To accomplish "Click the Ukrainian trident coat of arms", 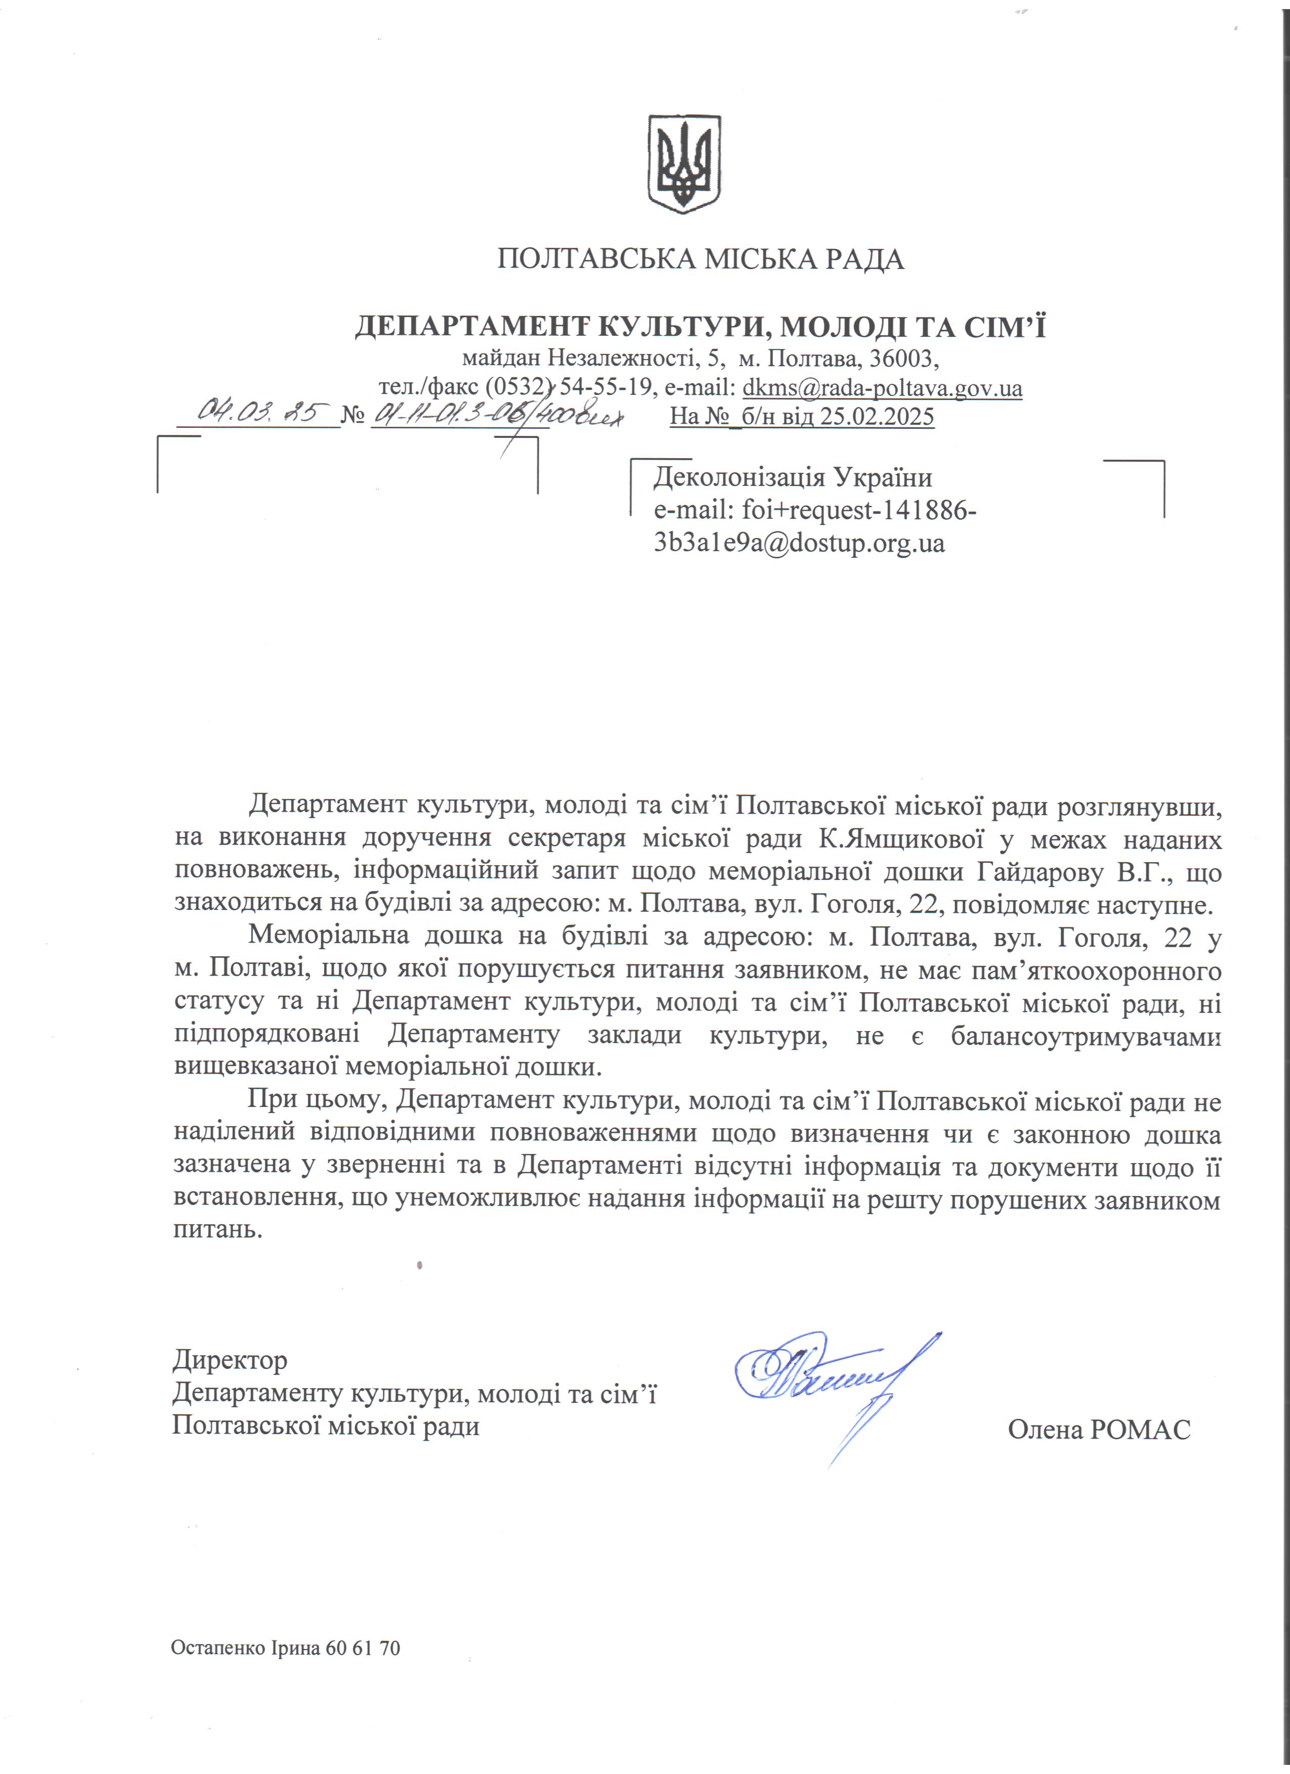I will coord(684,164).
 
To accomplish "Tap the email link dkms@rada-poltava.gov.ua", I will coord(882,388).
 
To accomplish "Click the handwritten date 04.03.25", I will coord(257,412).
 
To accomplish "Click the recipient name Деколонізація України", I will coord(792,477).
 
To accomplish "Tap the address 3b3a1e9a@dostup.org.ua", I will coord(799,543).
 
